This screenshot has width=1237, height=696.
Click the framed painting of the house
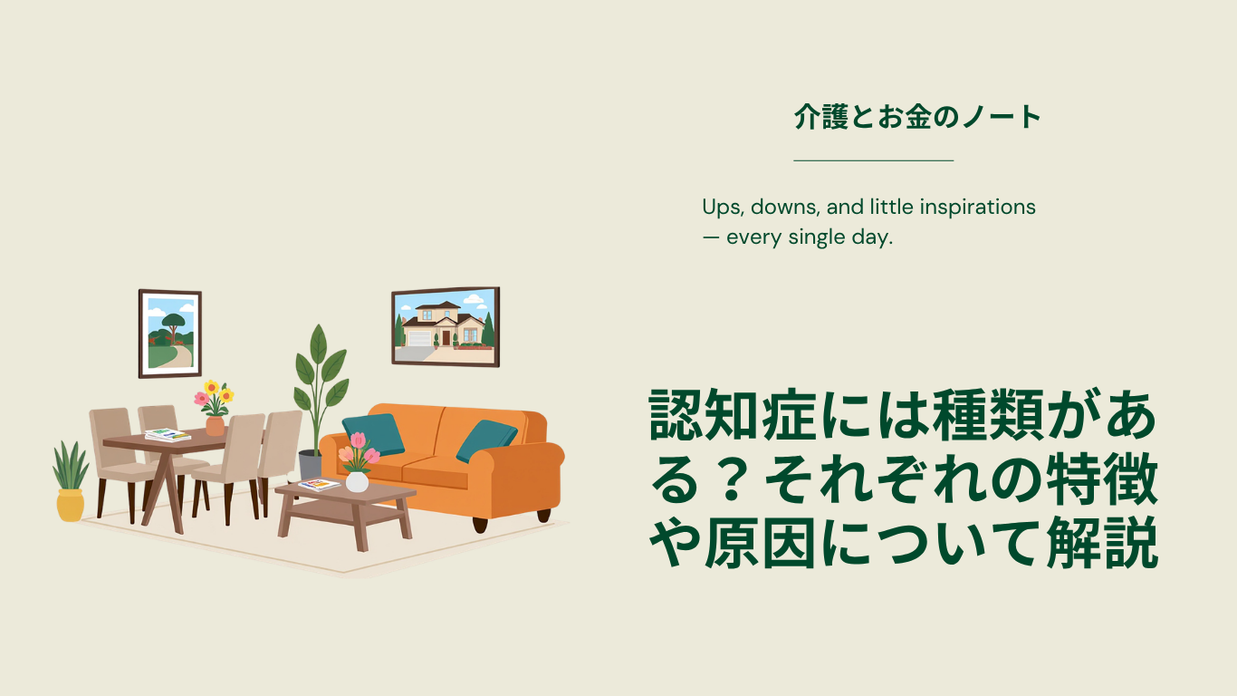click(x=446, y=327)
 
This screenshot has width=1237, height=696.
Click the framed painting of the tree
click(x=170, y=333)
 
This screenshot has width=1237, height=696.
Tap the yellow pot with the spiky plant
click(x=71, y=505)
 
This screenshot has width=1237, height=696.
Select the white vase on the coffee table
click(x=357, y=481)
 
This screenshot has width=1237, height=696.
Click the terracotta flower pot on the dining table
click(x=215, y=426)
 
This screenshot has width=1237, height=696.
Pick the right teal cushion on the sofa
click(x=486, y=440)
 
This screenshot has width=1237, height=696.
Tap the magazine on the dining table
click(x=168, y=435)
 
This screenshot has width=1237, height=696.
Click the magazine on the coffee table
click(x=319, y=485)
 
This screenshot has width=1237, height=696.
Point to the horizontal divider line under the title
click(x=874, y=160)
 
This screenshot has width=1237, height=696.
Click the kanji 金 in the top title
click(x=919, y=117)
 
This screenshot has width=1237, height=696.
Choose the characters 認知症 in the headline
click(x=733, y=415)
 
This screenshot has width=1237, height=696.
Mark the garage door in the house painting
click(x=419, y=338)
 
